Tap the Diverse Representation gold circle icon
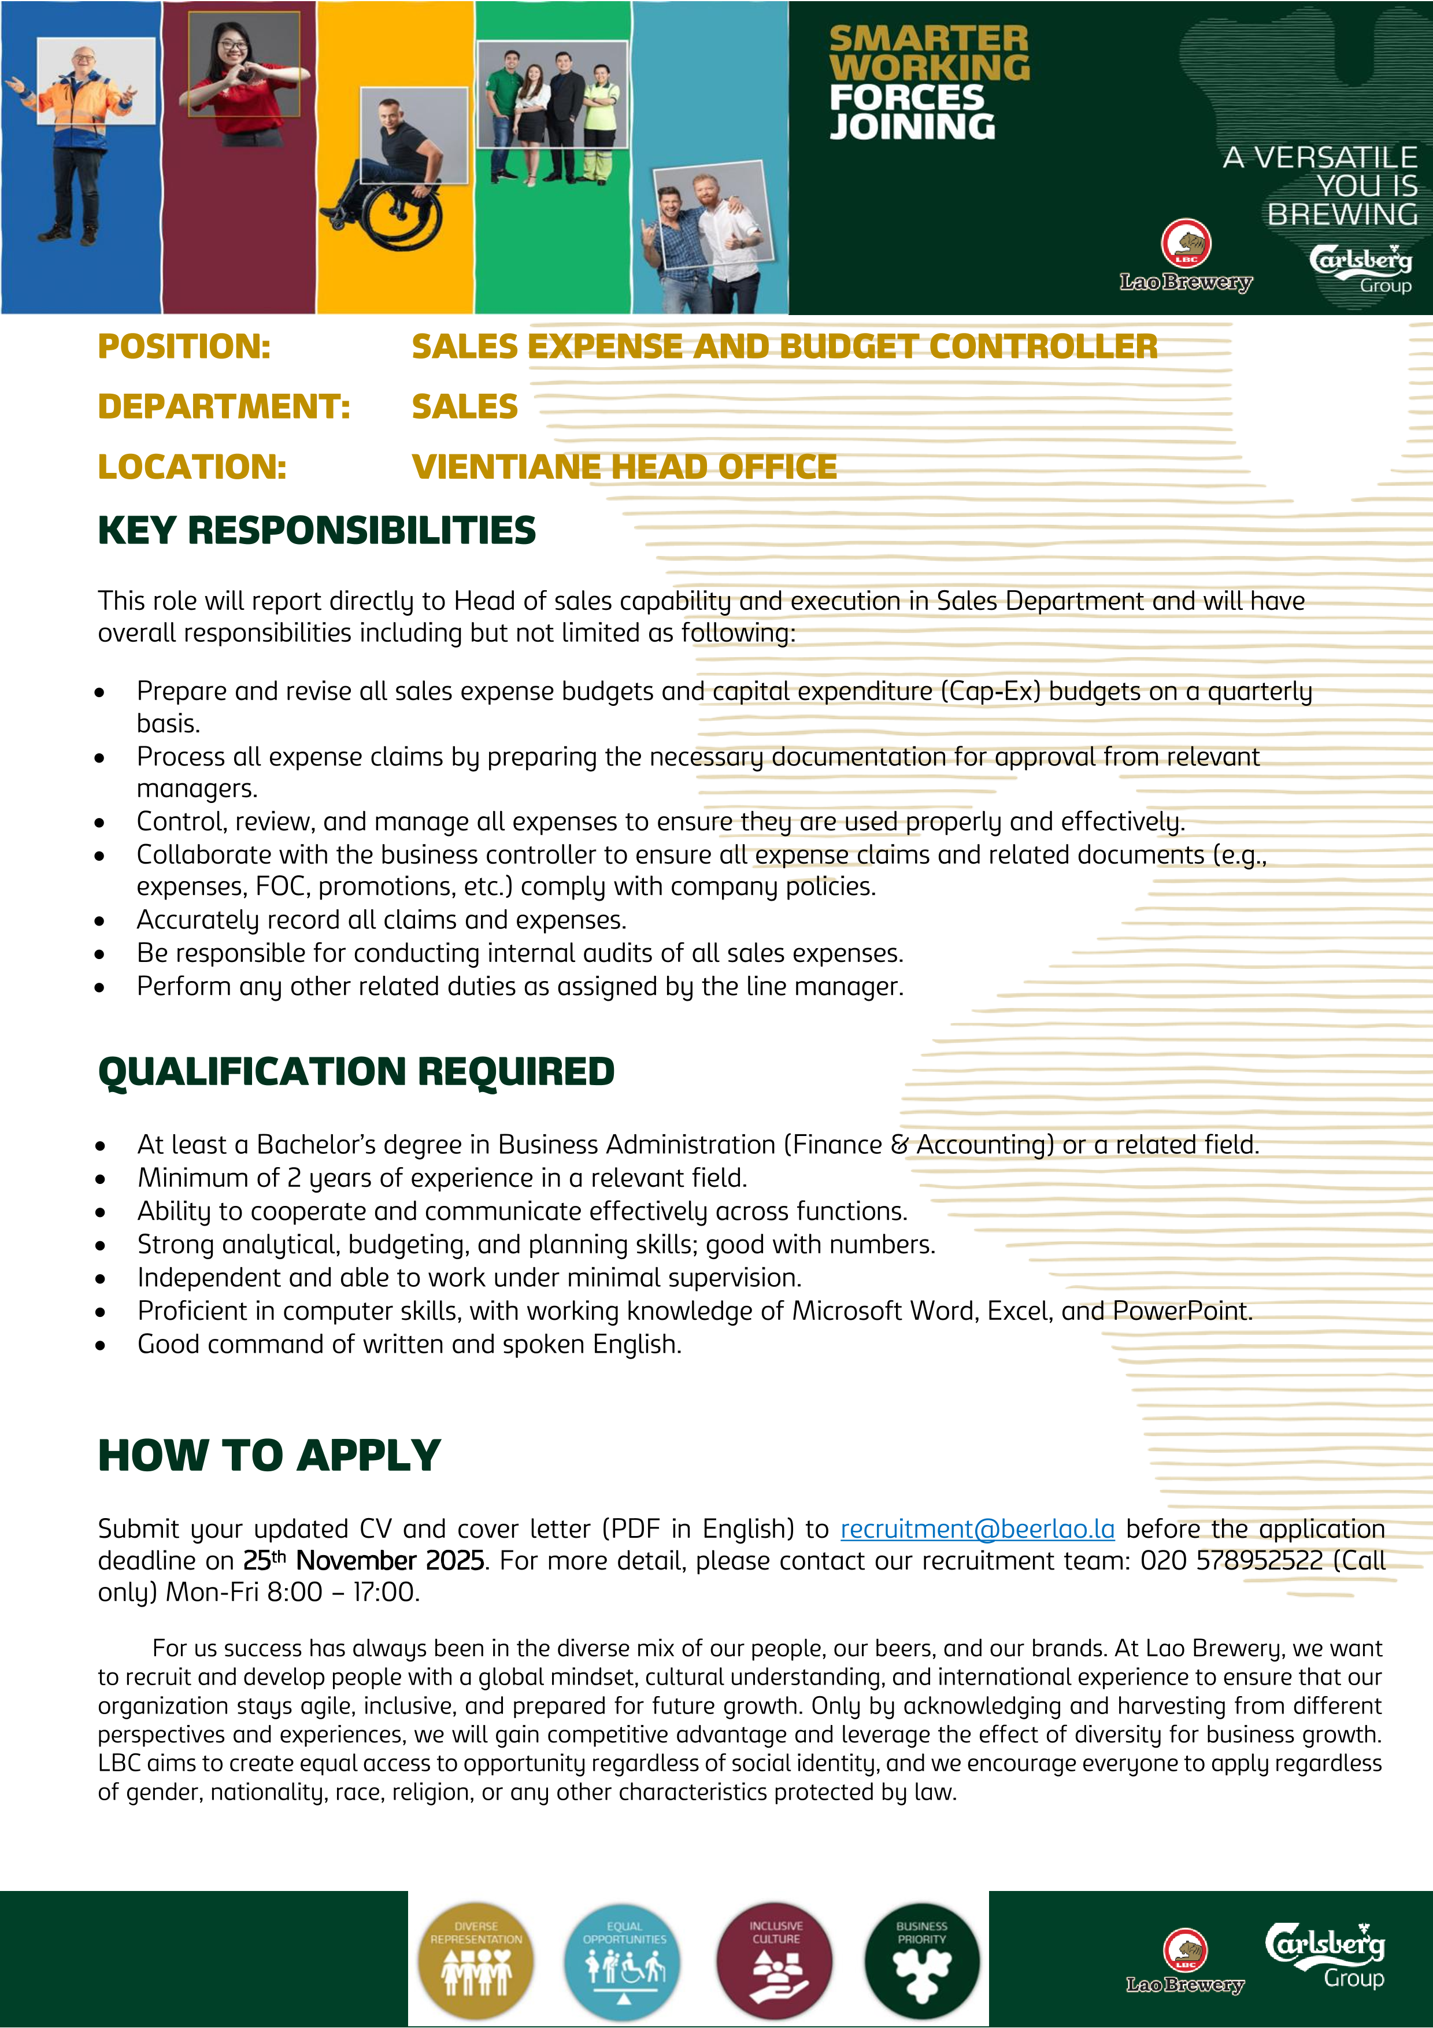tap(476, 1960)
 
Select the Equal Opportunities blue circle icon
tap(624, 1960)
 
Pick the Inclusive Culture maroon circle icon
tap(775, 1960)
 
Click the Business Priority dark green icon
tap(922, 1960)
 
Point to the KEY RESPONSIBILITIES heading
tap(316, 530)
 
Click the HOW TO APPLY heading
tap(269, 1456)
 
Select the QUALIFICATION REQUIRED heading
tap(356, 1071)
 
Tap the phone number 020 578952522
tap(1232, 1561)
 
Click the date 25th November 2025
tap(364, 1561)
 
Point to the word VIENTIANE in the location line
tap(507, 467)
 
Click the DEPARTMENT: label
tap(223, 406)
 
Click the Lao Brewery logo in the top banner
tap(1186, 256)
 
